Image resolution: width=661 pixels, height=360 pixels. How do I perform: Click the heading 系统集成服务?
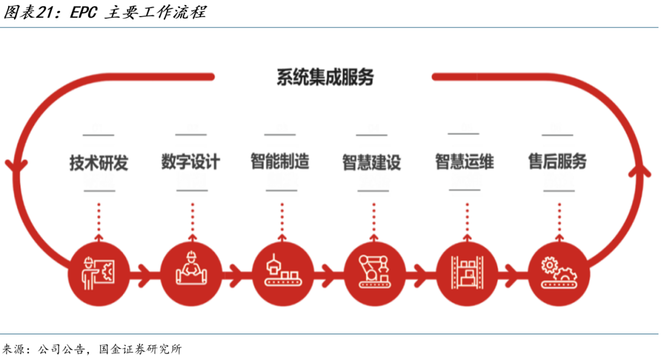click(324, 78)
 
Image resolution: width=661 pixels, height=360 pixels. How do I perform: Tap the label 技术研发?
click(99, 163)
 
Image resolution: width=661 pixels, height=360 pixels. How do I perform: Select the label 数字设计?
click(190, 162)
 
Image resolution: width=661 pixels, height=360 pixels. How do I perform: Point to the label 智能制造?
click(280, 162)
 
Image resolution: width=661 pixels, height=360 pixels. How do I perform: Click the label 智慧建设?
click(371, 162)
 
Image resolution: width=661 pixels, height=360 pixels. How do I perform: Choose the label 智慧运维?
click(464, 162)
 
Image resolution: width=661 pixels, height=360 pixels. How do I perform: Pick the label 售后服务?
click(557, 162)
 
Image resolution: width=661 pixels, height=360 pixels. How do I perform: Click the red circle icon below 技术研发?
click(99, 270)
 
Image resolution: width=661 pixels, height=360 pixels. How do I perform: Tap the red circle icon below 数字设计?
click(190, 270)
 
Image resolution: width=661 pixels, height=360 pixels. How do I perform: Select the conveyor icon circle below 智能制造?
click(282, 270)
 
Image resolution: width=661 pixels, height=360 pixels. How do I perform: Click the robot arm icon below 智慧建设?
click(375, 270)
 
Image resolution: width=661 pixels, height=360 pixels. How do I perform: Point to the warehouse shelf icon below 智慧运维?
click(466, 270)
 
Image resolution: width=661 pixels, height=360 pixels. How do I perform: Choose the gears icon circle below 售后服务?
click(558, 270)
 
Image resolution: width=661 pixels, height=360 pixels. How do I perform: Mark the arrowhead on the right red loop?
click(640, 168)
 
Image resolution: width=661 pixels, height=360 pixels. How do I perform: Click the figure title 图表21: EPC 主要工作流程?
click(104, 12)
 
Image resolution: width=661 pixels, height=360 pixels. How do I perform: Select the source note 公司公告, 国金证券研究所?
click(110, 350)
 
